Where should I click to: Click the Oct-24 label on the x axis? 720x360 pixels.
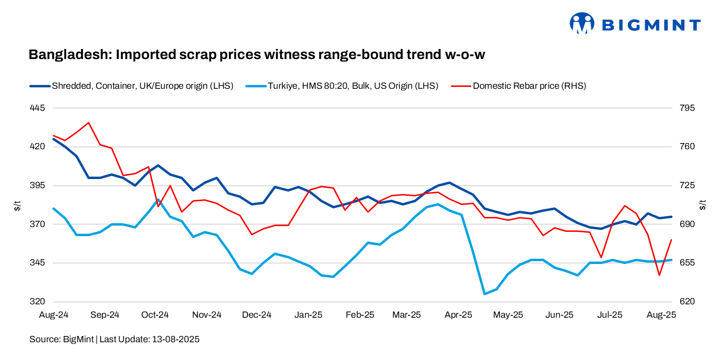pyautogui.click(x=156, y=315)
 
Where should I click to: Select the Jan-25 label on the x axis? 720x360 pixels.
pyautogui.click(x=308, y=315)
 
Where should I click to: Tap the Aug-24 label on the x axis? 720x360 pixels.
pyautogui.click(x=53, y=315)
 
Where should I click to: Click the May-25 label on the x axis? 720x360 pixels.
pyautogui.click(x=508, y=315)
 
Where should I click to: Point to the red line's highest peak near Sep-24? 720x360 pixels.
pyautogui.click(x=88, y=123)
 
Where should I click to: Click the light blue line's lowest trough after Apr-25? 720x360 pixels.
pyautogui.click(x=484, y=294)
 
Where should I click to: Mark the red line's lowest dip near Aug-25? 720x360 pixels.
pyautogui.click(x=660, y=275)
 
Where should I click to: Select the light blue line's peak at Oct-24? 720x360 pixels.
pyautogui.click(x=158, y=199)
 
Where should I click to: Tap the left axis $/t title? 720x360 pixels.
pyautogui.click(x=17, y=205)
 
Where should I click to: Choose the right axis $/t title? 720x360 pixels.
pyautogui.click(x=703, y=205)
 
